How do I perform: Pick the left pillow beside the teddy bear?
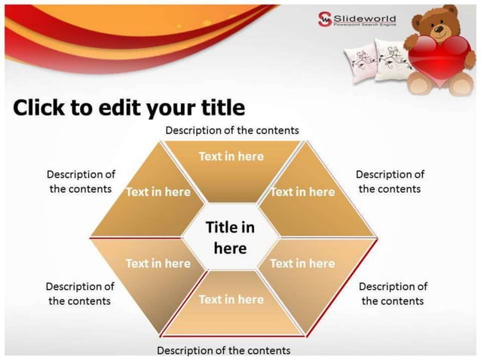coord(359,59)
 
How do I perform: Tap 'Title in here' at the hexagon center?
coord(230,236)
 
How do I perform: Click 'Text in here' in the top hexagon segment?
coord(231,156)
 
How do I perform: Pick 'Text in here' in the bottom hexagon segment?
coord(231,299)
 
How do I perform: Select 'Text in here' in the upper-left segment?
coord(158,192)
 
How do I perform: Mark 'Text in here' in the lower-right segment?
coord(302,263)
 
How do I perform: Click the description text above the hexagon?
coord(232,130)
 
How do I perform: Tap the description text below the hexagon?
coord(223,350)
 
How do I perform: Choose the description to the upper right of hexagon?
coord(390,182)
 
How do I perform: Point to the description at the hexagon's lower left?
coord(79,293)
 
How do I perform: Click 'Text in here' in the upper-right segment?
coord(302,192)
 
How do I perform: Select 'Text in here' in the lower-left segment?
coord(158,263)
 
